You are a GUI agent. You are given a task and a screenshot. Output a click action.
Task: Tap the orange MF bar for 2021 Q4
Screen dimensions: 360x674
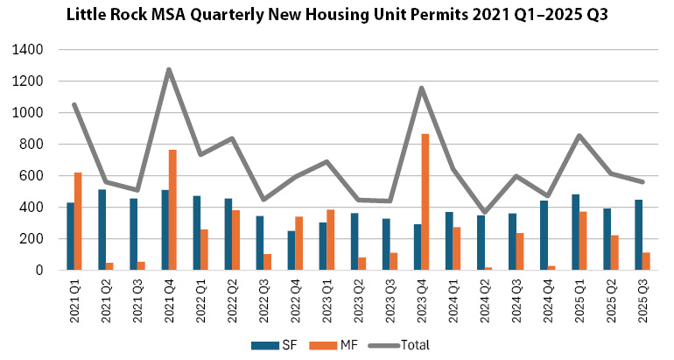[x=173, y=210]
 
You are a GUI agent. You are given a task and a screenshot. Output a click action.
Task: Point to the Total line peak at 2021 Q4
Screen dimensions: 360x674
[x=169, y=69]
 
